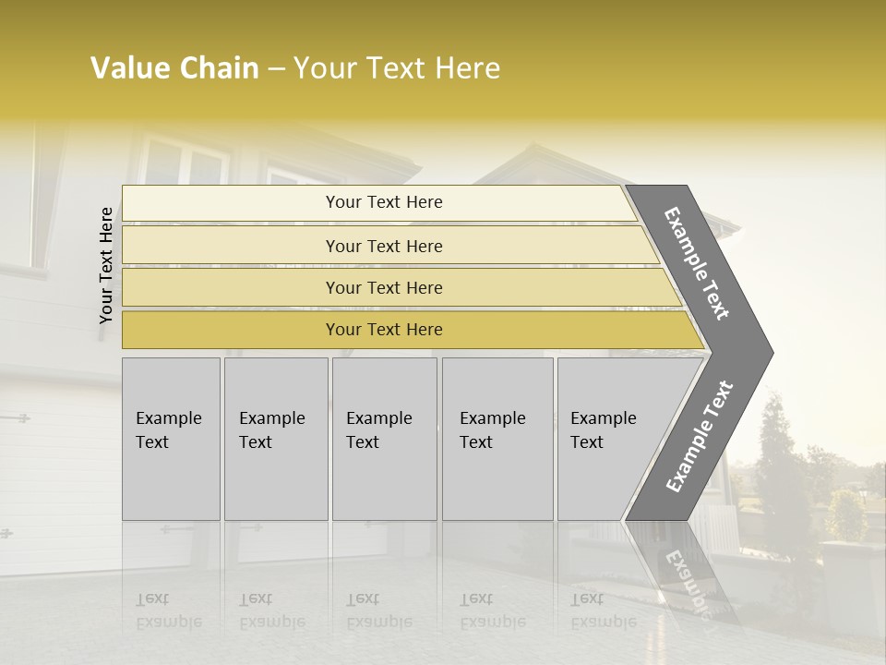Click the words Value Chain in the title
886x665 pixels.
point(174,68)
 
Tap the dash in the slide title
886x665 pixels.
point(275,69)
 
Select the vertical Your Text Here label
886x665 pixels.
point(106,265)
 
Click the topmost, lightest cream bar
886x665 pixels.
point(374,203)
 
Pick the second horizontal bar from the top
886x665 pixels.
point(383,246)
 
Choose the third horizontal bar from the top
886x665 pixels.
point(397,287)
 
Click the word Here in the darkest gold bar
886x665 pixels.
point(422,330)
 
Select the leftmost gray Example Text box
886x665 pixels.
point(171,439)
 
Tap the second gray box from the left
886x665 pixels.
point(275,439)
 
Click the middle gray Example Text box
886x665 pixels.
point(384,439)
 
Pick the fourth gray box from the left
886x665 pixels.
point(497,439)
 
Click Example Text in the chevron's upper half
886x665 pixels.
point(698,263)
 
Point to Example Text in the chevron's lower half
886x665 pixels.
point(700,437)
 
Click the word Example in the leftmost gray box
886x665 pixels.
point(168,418)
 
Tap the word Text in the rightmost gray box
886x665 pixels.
point(587,442)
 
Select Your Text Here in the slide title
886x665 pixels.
point(397,69)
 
